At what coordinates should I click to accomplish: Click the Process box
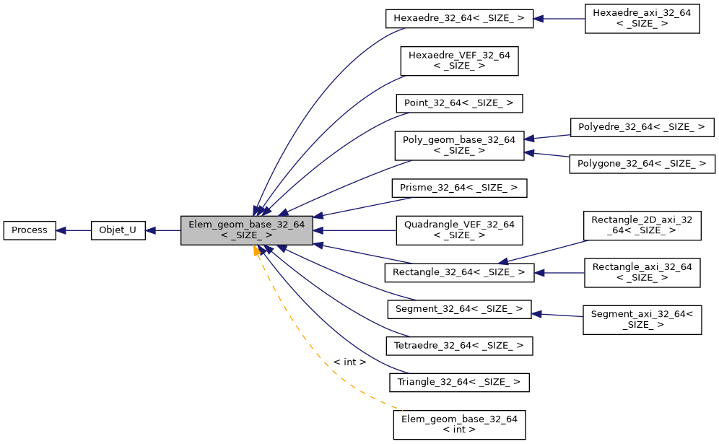pyautogui.click(x=30, y=230)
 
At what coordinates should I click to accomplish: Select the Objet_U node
pyautogui.click(x=118, y=230)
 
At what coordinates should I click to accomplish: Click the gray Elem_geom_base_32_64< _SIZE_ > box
pyautogui.click(x=246, y=230)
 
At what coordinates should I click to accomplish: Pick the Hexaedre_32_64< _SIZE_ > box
pyautogui.click(x=458, y=19)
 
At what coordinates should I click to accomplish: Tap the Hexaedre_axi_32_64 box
pyautogui.click(x=642, y=19)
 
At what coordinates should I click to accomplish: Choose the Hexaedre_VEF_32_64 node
pyautogui.click(x=459, y=61)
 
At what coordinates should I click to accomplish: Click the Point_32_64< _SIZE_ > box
pyautogui.click(x=458, y=103)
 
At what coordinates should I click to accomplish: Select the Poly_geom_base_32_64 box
pyautogui.click(x=458, y=145)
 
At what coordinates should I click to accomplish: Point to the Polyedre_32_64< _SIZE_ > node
pyautogui.click(x=642, y=128)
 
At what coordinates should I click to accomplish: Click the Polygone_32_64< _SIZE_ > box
pyautogui.click(x=642, y=164)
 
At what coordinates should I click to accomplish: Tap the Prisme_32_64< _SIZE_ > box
pyautogui.click(x=458, y=188)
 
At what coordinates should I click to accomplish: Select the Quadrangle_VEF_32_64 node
pyautogui.click(x=458, y=230)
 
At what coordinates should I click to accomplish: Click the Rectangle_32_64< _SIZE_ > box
pyautogui.click(x=458, y=273)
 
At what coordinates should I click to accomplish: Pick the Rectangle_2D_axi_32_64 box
pyautogui.click(x=642, y=225)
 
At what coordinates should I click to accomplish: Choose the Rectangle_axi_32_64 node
pyautogui.click(x=642, y=273)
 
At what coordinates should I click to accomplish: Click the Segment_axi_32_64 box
pyautogui.click(x=642, y=319)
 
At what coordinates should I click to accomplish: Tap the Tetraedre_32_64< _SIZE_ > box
pyautogui.click(x=458, y=346)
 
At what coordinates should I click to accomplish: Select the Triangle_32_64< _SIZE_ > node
pyautogui.click(x=459, y=382)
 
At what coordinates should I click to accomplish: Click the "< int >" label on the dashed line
pyautogui.click(x=349, y=362)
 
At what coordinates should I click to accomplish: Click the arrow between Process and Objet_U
pyautogui.click(x=73, y=230)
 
